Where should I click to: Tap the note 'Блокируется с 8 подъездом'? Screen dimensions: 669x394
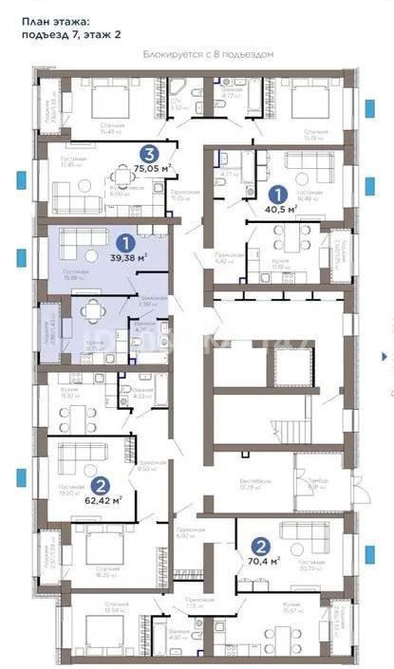[x=208, y=54]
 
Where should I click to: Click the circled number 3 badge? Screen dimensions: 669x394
[x=149, y=153]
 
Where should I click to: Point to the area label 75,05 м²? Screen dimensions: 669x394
[x=151, y=168]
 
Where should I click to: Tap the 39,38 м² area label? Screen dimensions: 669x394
[x=127, y=257]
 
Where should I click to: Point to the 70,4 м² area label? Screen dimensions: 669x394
[x=264, y=562]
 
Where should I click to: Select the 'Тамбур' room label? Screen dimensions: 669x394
[x=316, y=482]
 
